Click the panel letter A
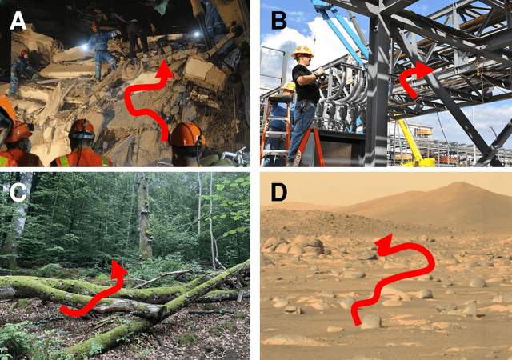coord(18,22)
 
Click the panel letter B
coord(279,21)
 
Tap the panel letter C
coord(18,193)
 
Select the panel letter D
coord(279,193)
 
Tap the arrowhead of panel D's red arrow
coord(383,246)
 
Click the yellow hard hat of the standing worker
coord(302,52)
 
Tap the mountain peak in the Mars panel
coord(460,183)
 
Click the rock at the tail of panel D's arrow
coord(370,321)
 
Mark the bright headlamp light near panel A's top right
coord(196,34)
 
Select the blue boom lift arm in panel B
coord(338,25)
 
